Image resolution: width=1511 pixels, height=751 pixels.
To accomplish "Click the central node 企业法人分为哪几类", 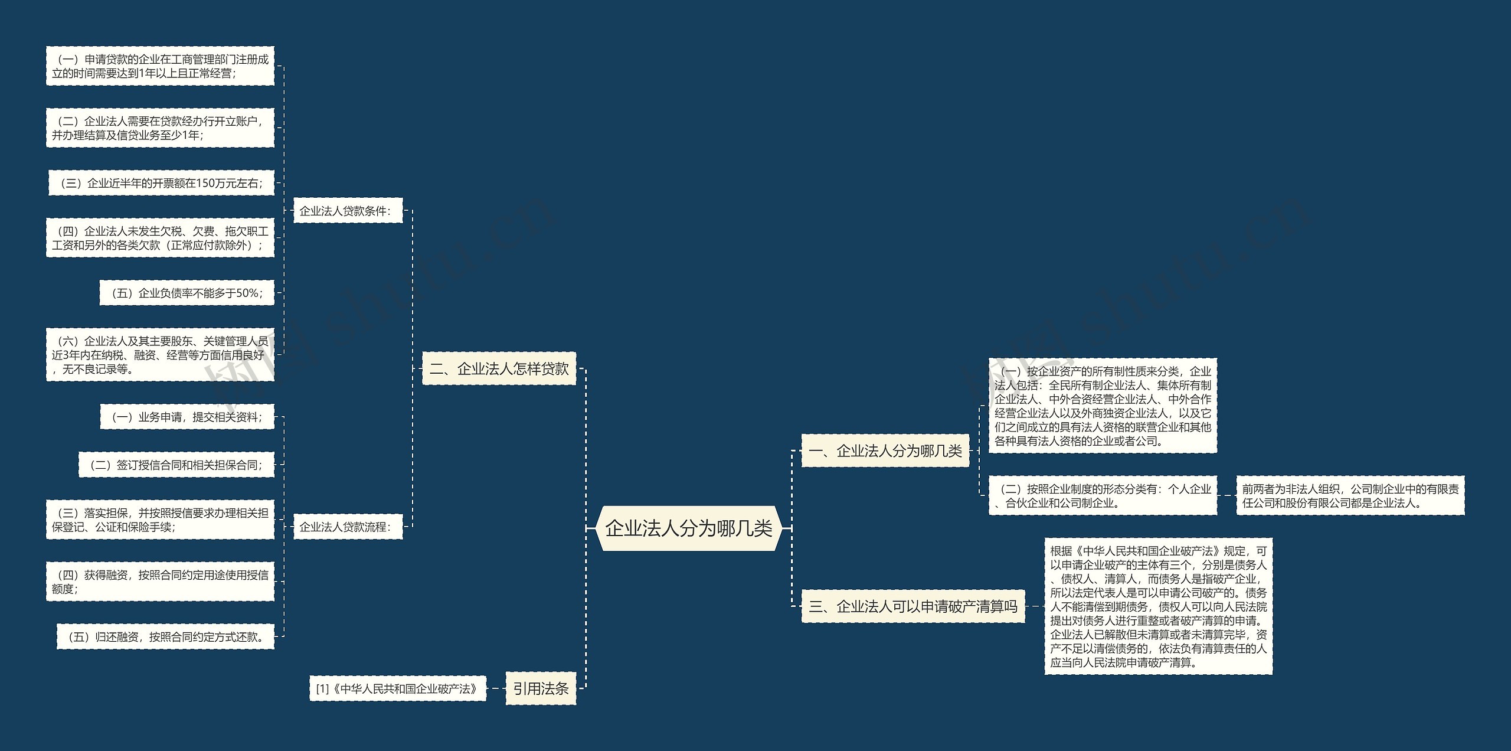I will pyautogui.click(x=688, y=528).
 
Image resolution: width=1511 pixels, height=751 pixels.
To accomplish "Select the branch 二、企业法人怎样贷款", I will pyautogui.click(x=499, y=369).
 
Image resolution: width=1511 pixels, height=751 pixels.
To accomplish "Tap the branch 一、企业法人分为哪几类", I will pyautogui.click(x=885, y=451).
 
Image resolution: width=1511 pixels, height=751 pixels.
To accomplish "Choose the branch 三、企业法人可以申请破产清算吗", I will pyautogui.click(x=913, y=606).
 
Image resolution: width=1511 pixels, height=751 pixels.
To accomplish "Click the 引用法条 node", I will pyautogui.click(x=541, y=688).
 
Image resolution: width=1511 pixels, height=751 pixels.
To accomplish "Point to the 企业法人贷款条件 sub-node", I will pyautogui.click(x=348, y=211).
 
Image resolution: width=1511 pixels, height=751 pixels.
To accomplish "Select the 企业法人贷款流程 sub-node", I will pyautogui.click(x=348, y=527).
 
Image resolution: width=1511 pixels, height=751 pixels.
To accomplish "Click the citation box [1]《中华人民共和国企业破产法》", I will pyautogui.click(x=397, y=689).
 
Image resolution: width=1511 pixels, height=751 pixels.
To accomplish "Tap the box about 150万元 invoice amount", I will pyautogui.click(x=161, y=183).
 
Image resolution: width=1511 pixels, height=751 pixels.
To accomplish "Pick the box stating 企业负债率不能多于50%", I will pyautogui.click(x=187, y=293).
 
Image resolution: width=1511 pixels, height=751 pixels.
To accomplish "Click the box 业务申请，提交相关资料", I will pyautogui.click(x=187, y=417).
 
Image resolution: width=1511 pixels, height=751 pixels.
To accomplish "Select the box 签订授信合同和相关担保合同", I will pyautogui.click(x=176, y=465).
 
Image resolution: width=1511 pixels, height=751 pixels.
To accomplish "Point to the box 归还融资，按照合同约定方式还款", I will pyautogui.click(x=165, y=637).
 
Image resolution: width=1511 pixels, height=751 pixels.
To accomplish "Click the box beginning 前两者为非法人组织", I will pyautogui.click(x=1350, y=496).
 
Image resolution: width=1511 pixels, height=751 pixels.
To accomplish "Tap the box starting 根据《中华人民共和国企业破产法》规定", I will pyautogui.click(x=1158, y=606).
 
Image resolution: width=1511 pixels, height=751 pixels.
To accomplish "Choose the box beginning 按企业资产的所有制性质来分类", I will pyautogui.click(x=1103, y=406).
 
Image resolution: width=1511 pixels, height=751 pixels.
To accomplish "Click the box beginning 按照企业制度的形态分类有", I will pyautogui.click(x=1103, y=496).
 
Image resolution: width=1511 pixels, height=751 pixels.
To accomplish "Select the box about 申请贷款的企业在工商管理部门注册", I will pyautogui.click(x=160, y=66).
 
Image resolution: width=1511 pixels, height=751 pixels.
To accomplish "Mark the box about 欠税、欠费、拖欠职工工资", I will pyautogui.click(x=160, y=238).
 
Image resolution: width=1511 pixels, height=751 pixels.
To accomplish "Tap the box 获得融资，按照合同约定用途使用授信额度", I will pyautogui.click(x=160, y=582).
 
